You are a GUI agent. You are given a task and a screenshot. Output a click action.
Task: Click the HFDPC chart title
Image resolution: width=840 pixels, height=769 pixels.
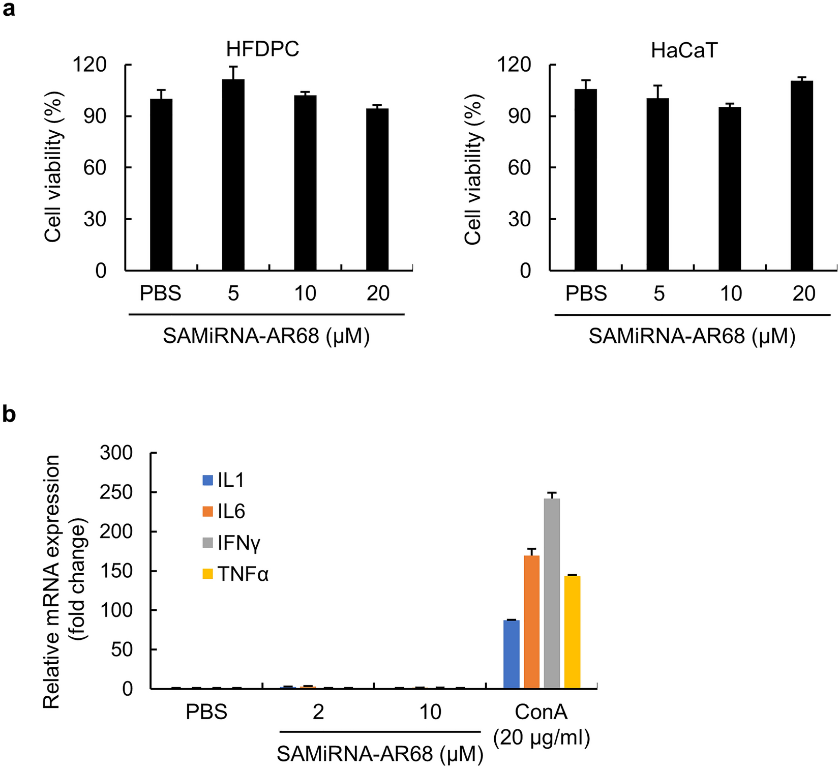pyautogui.click(x=262, y=49)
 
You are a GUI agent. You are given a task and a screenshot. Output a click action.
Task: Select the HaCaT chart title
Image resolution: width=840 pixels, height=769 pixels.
pyautogui.click(x=684, y=50)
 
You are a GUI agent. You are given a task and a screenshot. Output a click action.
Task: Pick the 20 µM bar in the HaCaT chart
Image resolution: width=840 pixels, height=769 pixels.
pyautogui.click(x=802, y=175)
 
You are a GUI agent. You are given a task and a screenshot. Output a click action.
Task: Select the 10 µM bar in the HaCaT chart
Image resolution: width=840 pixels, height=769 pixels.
pyautogui.click(x=730, y=188)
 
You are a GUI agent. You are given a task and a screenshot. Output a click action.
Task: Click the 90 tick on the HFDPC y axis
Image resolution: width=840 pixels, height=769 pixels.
pyautogui.click(x=95, y=116)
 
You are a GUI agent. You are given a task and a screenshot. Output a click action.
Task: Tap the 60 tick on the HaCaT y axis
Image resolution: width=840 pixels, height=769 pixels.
pyautogui.click(x=519, y=168)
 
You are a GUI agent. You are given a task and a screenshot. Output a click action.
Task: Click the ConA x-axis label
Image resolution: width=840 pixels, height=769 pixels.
pyautogui.click(x=541, y=712)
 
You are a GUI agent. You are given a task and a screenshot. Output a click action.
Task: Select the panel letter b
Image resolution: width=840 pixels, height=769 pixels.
pyautogui.click(x=9, y=415)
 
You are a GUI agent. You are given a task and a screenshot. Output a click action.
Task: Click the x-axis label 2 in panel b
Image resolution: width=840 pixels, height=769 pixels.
pyautogui.click(x=318, y=712)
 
